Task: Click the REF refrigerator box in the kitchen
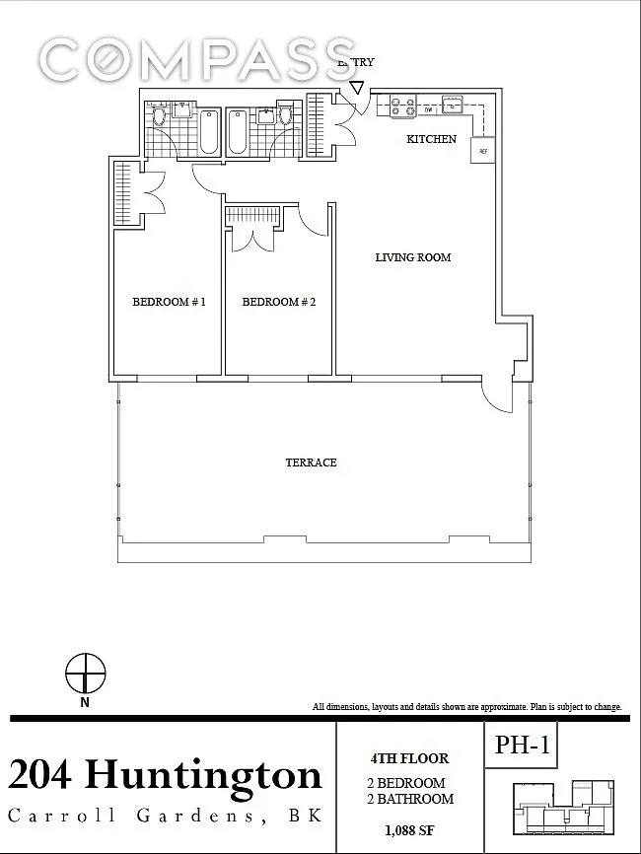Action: tap(483, 150)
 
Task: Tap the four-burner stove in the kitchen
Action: tap(403, 106)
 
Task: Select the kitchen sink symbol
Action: tap(452, 104)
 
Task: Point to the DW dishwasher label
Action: tap(429, 110)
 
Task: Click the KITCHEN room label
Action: tap(431, 139)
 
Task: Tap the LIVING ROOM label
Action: tap(413, 257)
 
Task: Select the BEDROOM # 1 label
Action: tap(169, 302)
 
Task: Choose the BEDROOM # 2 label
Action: tap(279, 302)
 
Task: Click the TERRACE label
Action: tap(311, 463)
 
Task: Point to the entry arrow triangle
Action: tap(357, 88)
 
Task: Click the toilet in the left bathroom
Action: tap(159, 116)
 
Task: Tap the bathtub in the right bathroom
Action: tap(237, 132)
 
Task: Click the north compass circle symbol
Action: tap(86, 674)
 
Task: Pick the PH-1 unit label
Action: tap(523, 745)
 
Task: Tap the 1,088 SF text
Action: tap(409, 830)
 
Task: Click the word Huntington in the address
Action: tap(203, 775)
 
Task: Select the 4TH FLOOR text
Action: tap(409, 758)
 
